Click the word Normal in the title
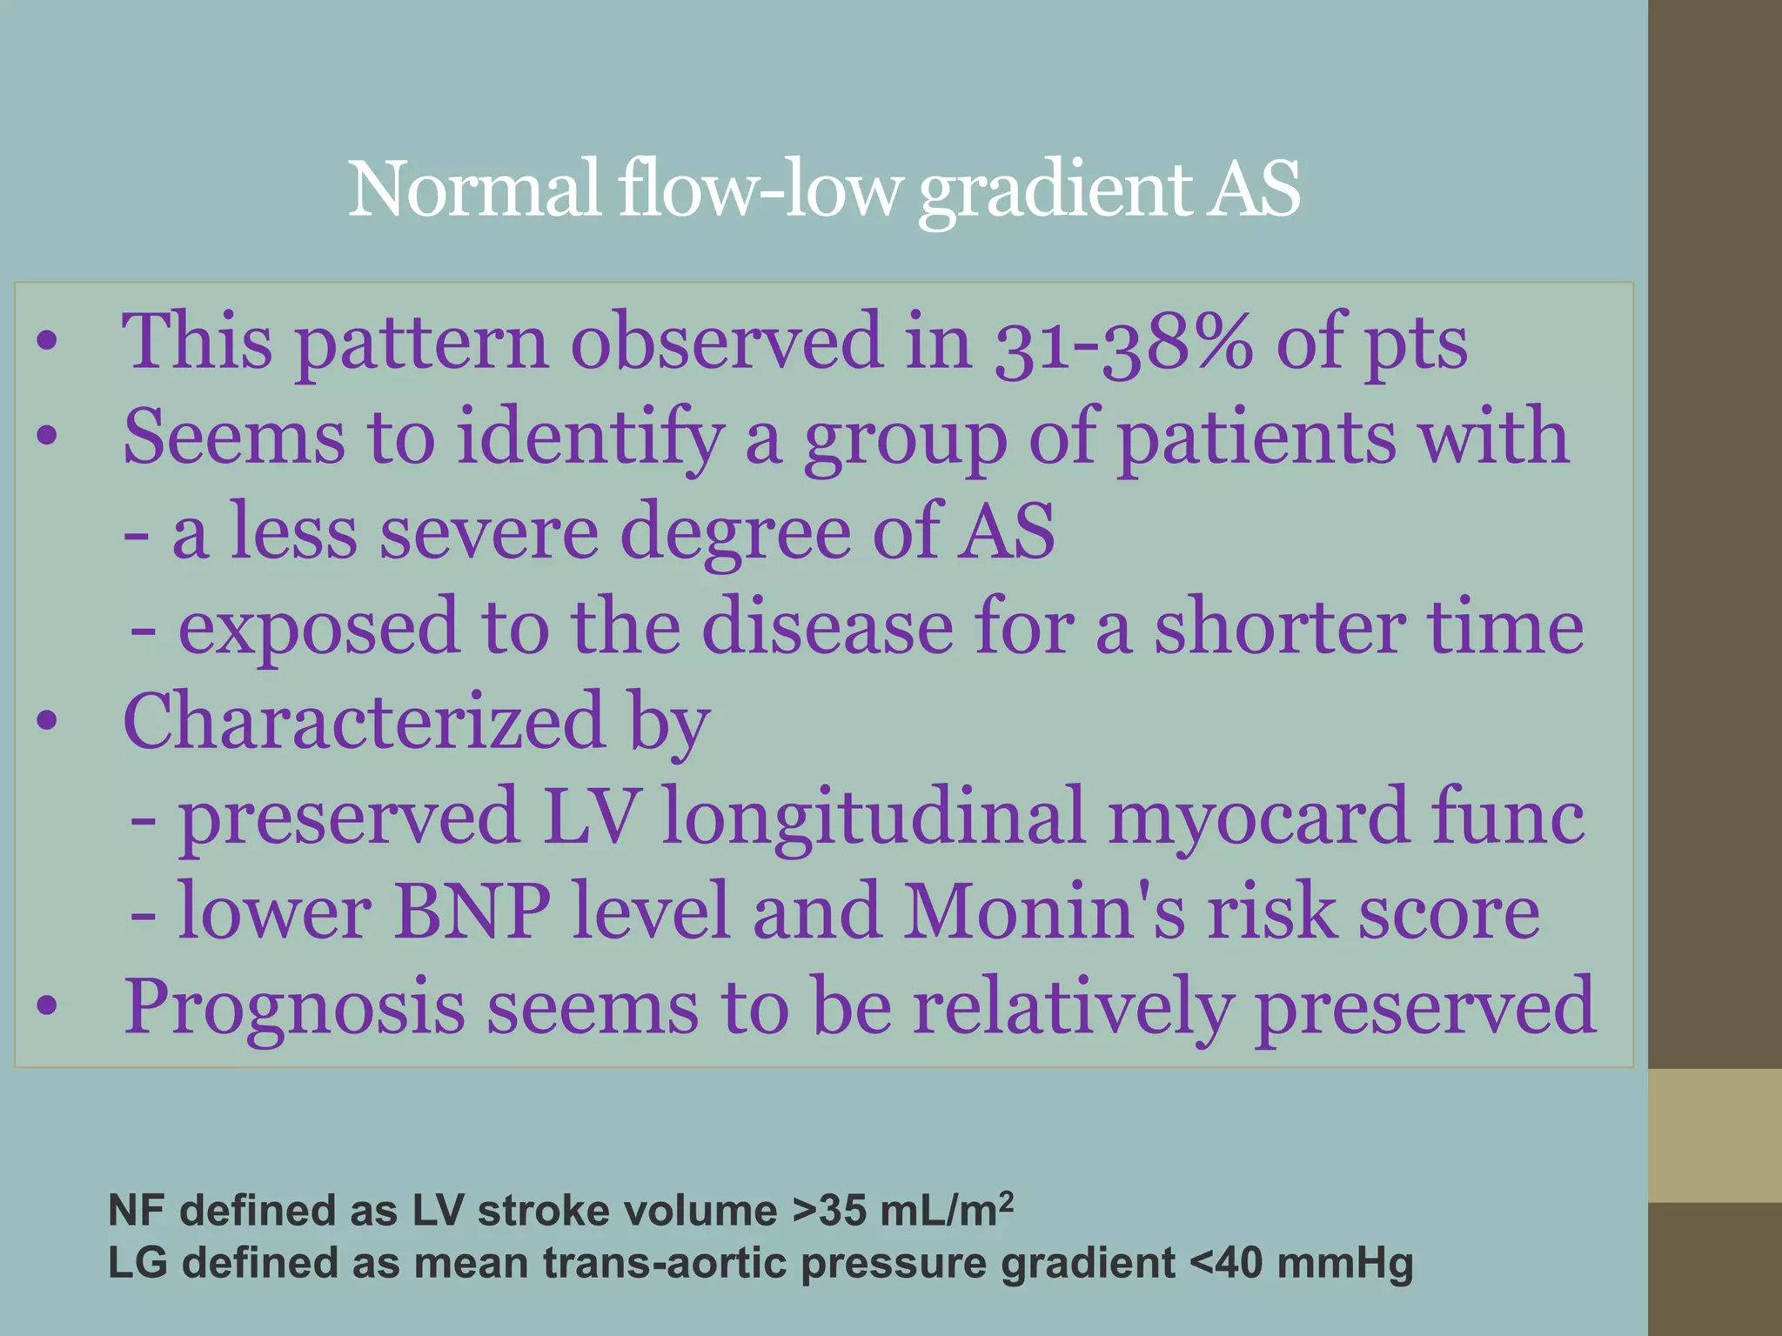474,190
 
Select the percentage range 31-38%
1123,343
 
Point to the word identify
592,438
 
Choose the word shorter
1279,627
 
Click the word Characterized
365,722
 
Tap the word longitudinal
874,818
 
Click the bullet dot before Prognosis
47,1006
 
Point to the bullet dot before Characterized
47,721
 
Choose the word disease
827,627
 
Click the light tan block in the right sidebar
1714,1135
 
